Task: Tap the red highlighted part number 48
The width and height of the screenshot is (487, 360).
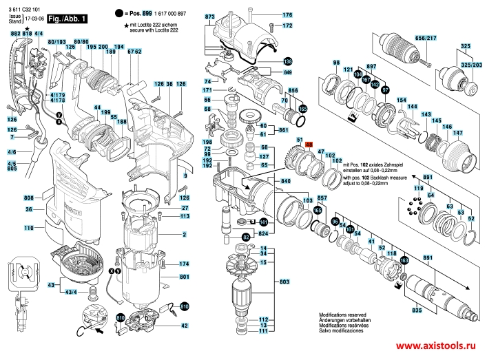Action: tap(309, 145)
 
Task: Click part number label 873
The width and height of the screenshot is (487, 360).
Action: tap(210, 15)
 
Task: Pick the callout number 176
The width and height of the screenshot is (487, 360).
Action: tap(288, 15)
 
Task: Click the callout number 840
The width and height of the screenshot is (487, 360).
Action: tap(284, 180)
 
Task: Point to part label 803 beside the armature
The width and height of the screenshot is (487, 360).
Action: tap(284, 282)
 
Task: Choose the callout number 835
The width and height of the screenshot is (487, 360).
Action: tap(416, 311)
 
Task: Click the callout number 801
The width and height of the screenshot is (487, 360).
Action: tap(185, 277)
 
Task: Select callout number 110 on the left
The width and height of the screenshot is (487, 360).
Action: tap(29, 228)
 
